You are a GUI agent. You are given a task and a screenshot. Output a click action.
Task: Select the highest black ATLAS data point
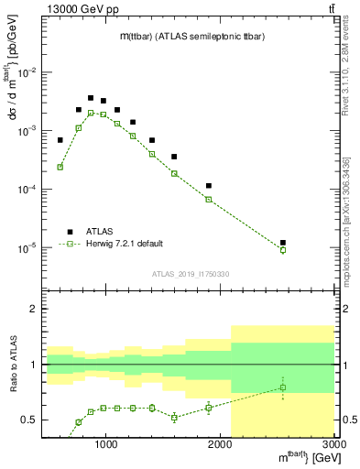point(91,98)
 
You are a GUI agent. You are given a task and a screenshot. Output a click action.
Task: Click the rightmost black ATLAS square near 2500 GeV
point(283,243)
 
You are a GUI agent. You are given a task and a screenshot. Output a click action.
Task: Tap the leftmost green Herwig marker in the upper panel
point(60,167)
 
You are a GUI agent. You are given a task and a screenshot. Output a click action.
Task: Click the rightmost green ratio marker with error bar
point(283,387)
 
